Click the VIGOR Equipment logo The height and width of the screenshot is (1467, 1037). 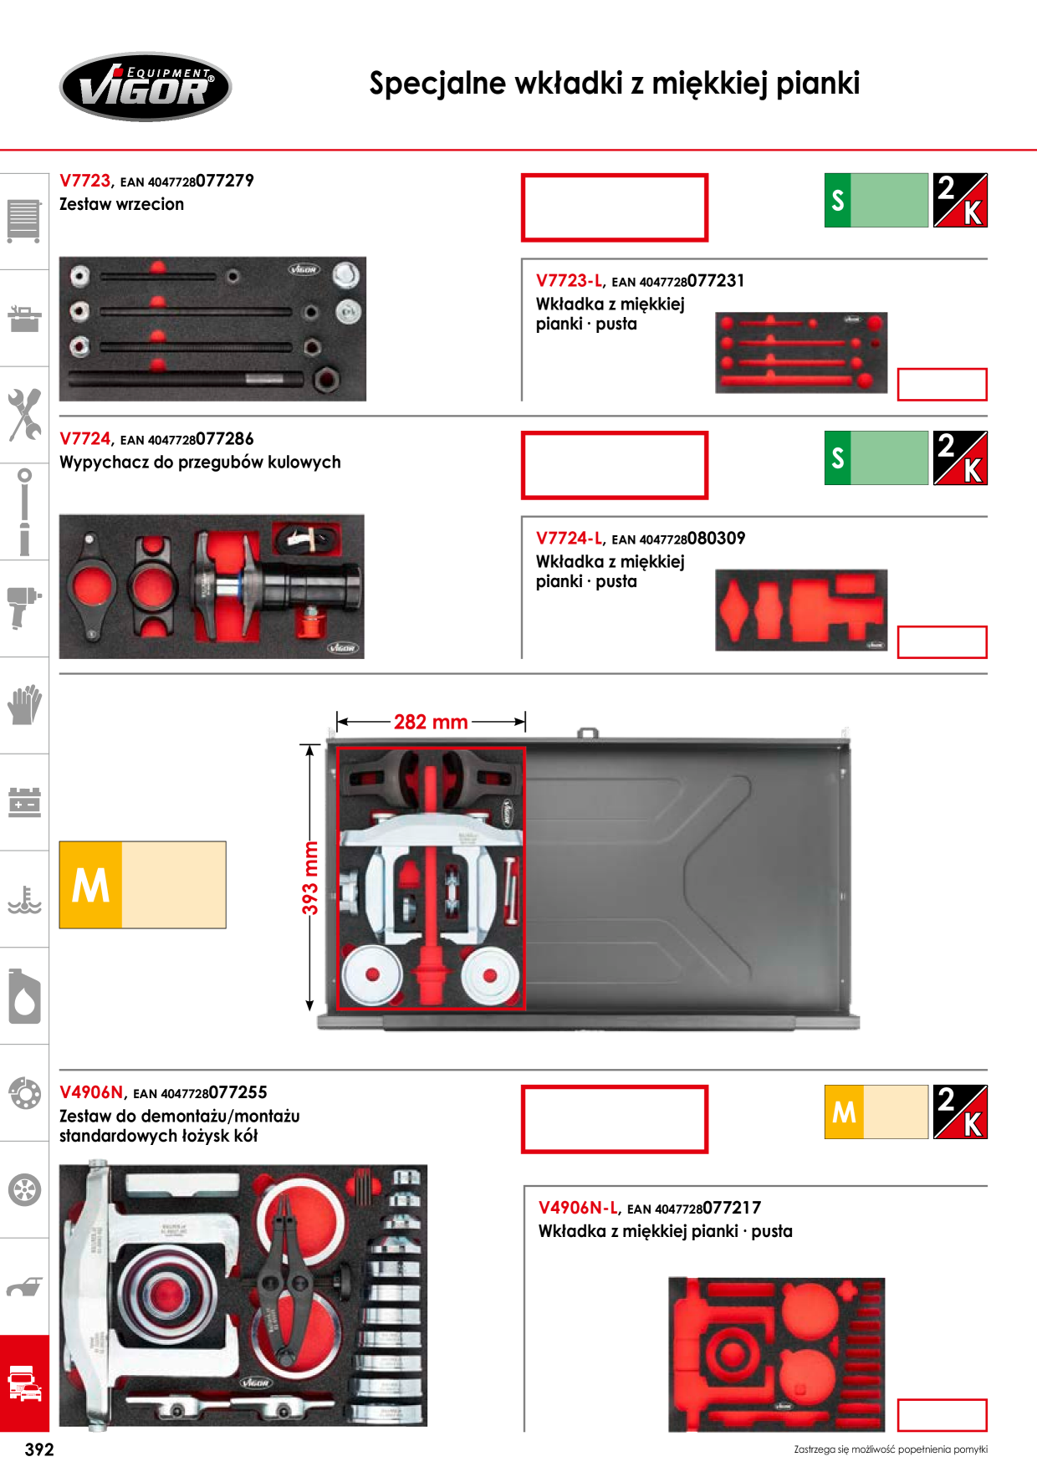[146, 87]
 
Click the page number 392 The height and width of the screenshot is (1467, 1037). [39, 1449]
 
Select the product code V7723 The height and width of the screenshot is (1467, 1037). [85, 181]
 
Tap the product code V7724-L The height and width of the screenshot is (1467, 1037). [569, 539]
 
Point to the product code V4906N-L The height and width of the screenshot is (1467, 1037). [578, 1208]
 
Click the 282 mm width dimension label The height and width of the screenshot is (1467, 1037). [431, 722]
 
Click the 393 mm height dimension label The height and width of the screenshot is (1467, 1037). [310, 877]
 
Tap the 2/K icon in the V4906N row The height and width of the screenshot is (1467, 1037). [960, 1112]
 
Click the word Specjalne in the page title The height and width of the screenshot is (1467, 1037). [437, 84]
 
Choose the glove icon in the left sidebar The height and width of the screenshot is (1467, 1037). [24, 704]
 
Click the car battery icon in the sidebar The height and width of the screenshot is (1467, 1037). [24, 801]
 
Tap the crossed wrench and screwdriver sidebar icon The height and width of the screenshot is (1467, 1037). [24, 414]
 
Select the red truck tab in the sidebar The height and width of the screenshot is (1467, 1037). [24, 1383]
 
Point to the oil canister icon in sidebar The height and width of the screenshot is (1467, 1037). [24, 995]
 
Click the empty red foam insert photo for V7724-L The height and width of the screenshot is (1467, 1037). [801, 610]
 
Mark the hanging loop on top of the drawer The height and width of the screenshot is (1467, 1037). [588, 733]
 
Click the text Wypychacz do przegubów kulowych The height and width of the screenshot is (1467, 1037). [200, 463]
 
